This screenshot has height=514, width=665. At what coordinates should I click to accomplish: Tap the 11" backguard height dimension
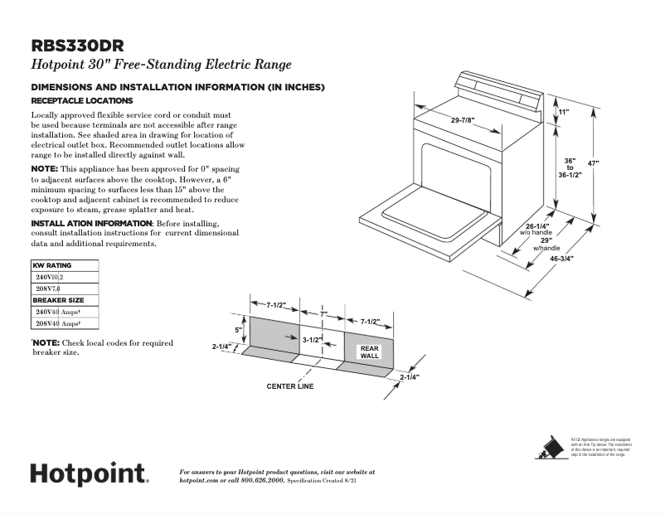point(563,111)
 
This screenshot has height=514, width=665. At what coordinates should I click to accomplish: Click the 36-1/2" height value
point(569,175)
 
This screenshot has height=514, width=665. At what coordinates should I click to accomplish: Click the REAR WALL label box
point(369,352)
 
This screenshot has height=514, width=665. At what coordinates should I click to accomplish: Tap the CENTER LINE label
point(289,386)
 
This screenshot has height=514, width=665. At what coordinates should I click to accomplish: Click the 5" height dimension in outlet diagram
point(237,330)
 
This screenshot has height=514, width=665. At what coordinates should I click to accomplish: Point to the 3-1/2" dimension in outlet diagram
point(312,340)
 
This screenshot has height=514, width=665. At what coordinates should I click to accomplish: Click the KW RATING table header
point(51,265)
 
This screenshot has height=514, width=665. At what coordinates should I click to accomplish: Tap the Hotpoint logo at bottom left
point(89,474)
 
